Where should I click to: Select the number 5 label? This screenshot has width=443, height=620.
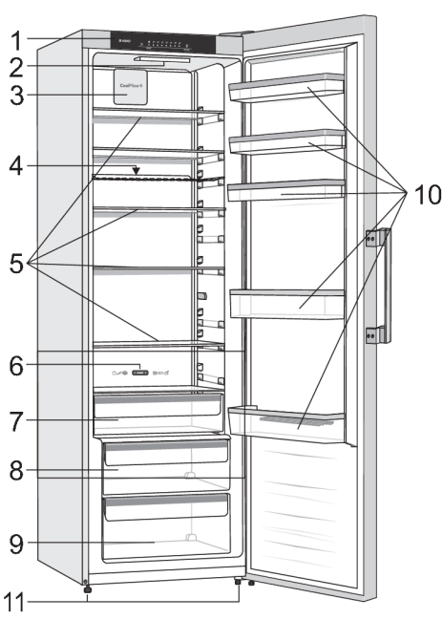[16, 263]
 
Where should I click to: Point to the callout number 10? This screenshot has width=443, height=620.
[422, 196]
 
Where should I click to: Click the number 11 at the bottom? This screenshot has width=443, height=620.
[21, 602]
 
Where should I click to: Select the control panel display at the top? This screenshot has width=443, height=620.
[162, 43]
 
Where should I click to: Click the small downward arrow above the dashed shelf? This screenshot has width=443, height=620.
[137, 171]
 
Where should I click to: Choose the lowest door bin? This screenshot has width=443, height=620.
[286, 420]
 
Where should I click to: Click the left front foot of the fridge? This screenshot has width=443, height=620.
[87, 589]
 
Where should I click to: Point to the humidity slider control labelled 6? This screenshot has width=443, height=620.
[139, 374]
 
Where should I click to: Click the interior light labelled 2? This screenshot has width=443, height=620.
[162, 63]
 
